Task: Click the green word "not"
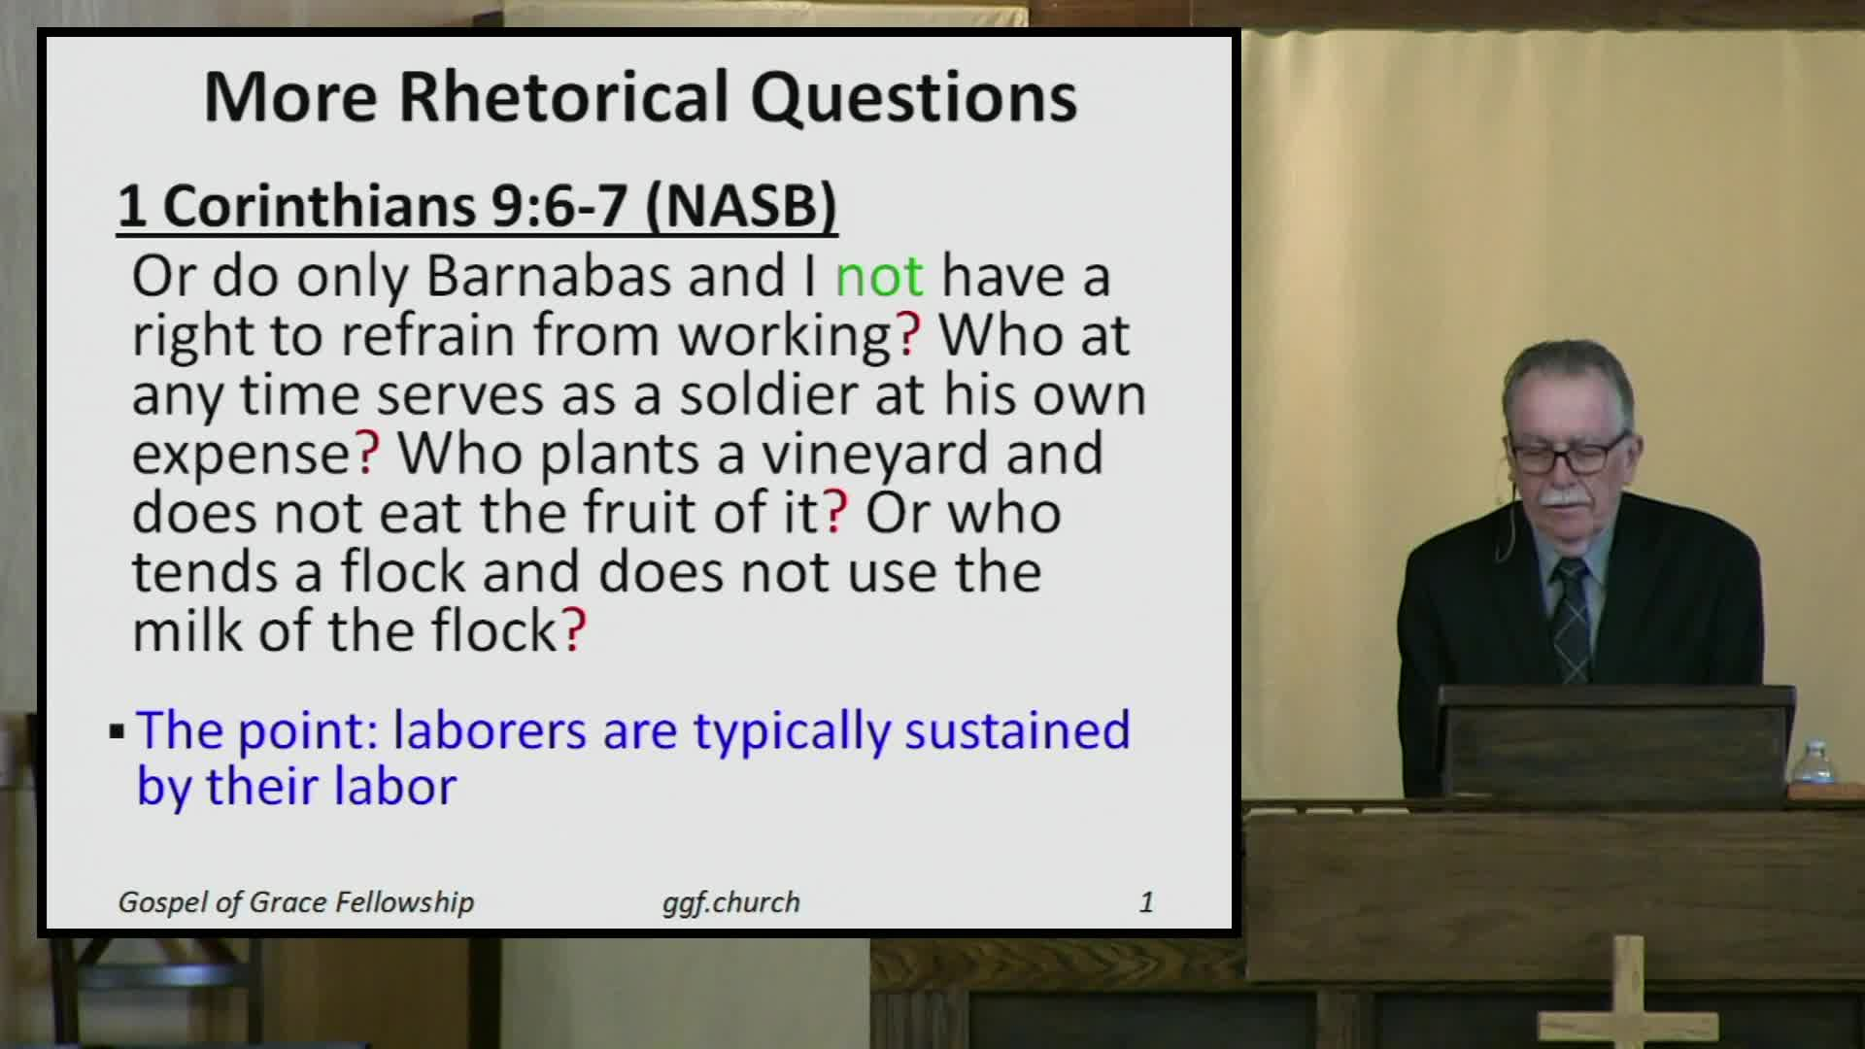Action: (x=878, y=276)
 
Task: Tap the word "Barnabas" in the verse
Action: (x=548, y=276)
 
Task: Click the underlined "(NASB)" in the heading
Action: (x=740, y=206)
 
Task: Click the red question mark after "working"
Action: (x=909, y=335)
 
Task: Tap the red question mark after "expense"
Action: (x=368, y=455)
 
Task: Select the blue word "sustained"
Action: (x=1017, y=730)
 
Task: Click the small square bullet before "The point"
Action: (x=117, y=731)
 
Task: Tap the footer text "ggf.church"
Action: (x=730, y=902)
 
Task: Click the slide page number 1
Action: (x=1146, y=902)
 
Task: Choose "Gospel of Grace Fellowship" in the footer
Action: (x=295, y=902)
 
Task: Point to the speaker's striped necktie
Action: (x=1571, y=622)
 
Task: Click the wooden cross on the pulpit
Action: (x=1628, y=996)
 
